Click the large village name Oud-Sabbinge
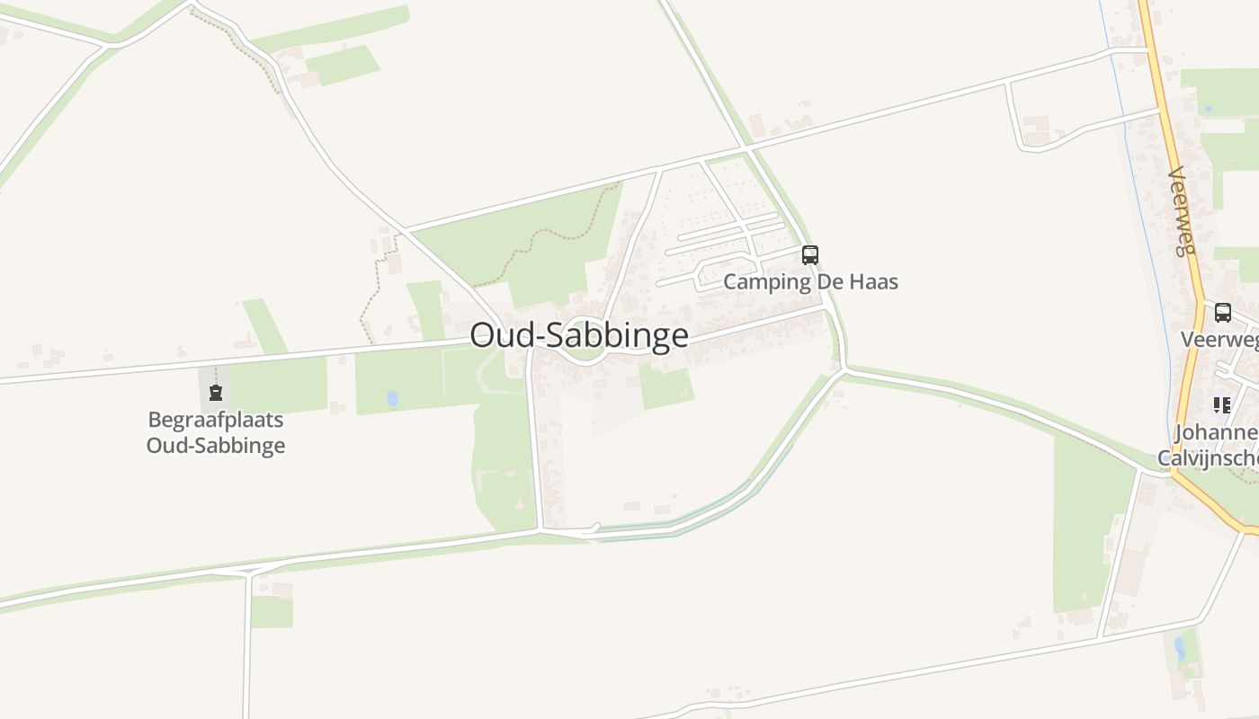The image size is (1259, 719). click(x=579, y=335)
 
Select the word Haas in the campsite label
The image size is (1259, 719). click(x=872, y=281)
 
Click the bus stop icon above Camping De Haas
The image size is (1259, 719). click(x=810, y=255)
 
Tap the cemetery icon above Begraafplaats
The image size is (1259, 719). click(x=216, y=393)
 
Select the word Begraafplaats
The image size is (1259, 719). click(x=216, y=420)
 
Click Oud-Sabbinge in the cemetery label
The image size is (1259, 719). click(x=216, y=445)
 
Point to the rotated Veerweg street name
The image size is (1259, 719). click(x=1181, y=212)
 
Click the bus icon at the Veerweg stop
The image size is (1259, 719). click(x=1223, y=313)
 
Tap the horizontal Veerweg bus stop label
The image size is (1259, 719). click(x=1219, y=339)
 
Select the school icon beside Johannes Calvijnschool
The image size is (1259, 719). click(x=1221, y=405)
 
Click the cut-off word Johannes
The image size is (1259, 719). click(x=1216, y=433)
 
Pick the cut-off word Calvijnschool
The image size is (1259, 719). click(x=1208, y=458)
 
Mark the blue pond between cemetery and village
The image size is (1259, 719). click(x=392, y=397)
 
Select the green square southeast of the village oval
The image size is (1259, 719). click(x=666, y=386)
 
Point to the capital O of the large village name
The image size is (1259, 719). click(x=482, y=335)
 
